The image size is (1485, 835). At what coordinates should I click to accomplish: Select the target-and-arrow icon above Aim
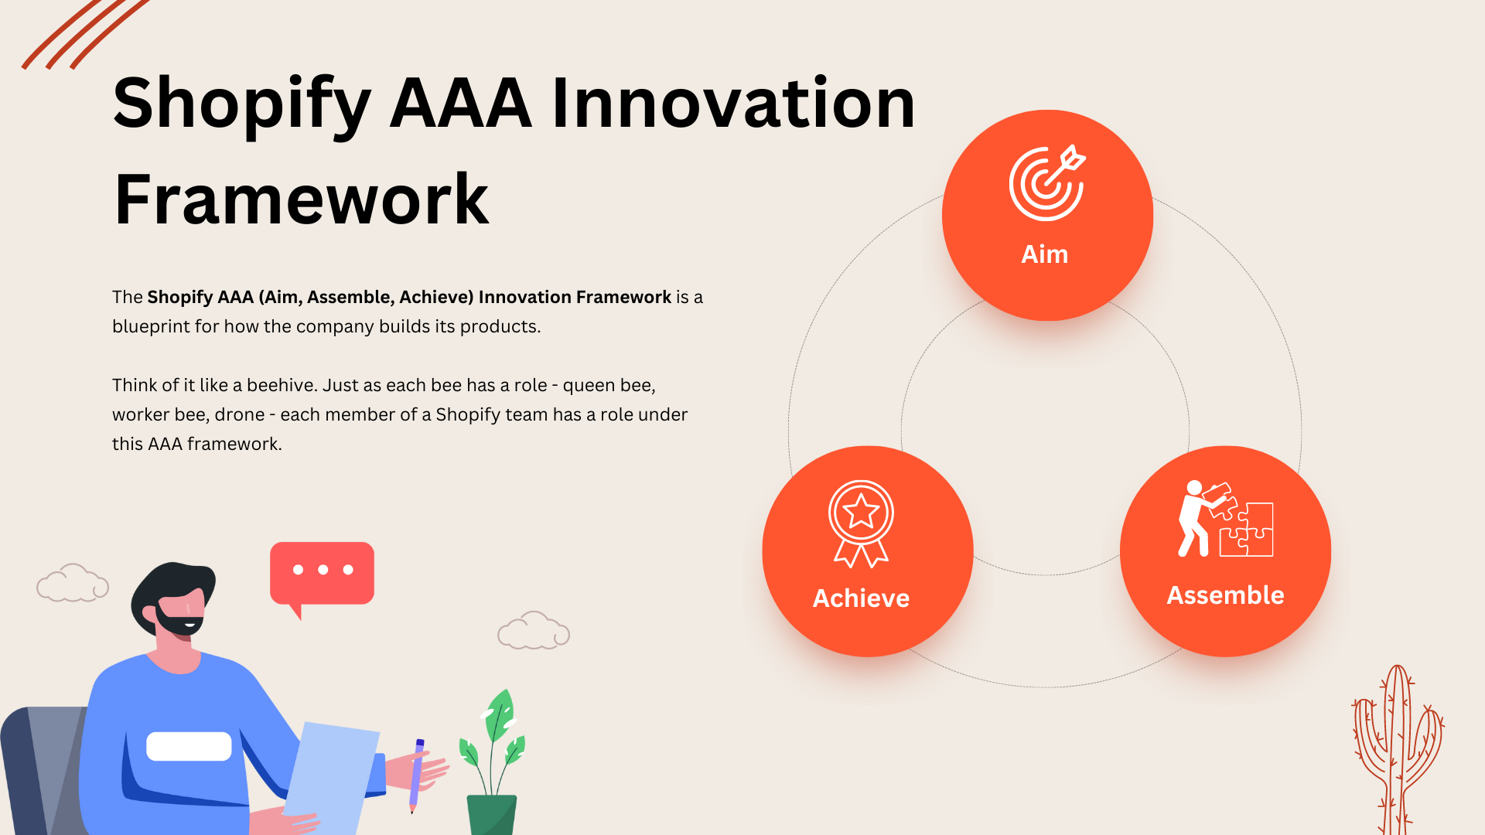click(x=1047, y=182)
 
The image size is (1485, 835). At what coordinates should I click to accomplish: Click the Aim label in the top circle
click(x=1044, y=254)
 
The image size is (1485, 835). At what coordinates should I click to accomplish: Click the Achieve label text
click(x=861, y=598)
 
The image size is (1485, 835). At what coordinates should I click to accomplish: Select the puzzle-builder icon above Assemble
click(x=1225, y=519)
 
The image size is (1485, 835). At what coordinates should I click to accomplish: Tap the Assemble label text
click(x=1225, y=595)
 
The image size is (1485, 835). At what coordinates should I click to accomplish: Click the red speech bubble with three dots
click(x=322, y=573)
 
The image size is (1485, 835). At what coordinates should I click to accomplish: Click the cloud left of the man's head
click(x=72, y=584)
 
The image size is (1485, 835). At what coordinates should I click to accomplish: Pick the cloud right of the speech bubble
click(x=533, y=631)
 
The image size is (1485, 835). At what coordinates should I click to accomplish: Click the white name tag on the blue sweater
click(x=189, y=746)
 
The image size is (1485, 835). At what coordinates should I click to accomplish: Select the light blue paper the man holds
click(x=333, y=773)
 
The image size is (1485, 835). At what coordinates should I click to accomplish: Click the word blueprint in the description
click(x=151, y=327)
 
